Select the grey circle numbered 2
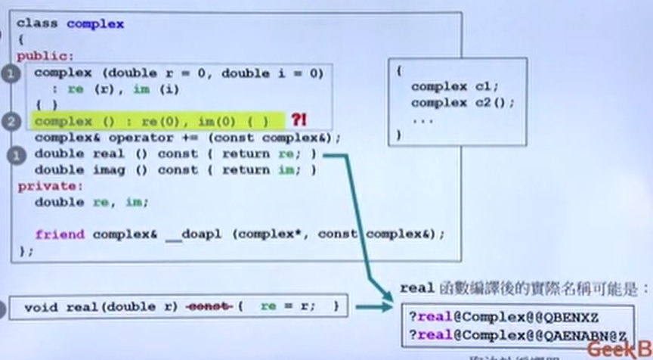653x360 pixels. [11, 121]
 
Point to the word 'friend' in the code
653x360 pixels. [60, 234]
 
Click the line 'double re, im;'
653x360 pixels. [91, 202]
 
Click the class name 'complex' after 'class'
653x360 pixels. [95, 23]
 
